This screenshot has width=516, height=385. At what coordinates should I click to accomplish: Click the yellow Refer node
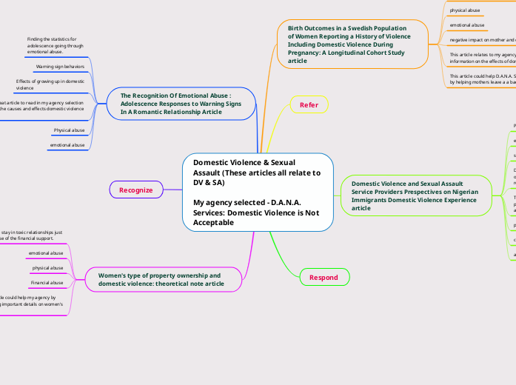coord(309,105)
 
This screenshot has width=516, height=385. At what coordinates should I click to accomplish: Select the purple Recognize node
coord(135,190)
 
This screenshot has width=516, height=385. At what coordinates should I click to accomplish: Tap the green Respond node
coord(324,278)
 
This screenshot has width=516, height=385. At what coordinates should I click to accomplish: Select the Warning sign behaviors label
coord(60,67)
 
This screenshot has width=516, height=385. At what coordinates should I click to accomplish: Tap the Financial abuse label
coord(47,283)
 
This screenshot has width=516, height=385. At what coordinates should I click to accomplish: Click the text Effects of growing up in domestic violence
coord(50,84)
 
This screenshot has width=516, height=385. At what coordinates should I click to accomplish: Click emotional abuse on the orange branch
coord(467,25)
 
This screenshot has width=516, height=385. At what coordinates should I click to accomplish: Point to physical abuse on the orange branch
coord(466,10)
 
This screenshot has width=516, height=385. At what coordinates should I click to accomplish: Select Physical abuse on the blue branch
coord(69,130)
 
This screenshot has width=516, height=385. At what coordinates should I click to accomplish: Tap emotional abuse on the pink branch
coord(47,253)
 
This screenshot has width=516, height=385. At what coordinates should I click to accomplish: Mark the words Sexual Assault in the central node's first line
coord(281,162)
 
